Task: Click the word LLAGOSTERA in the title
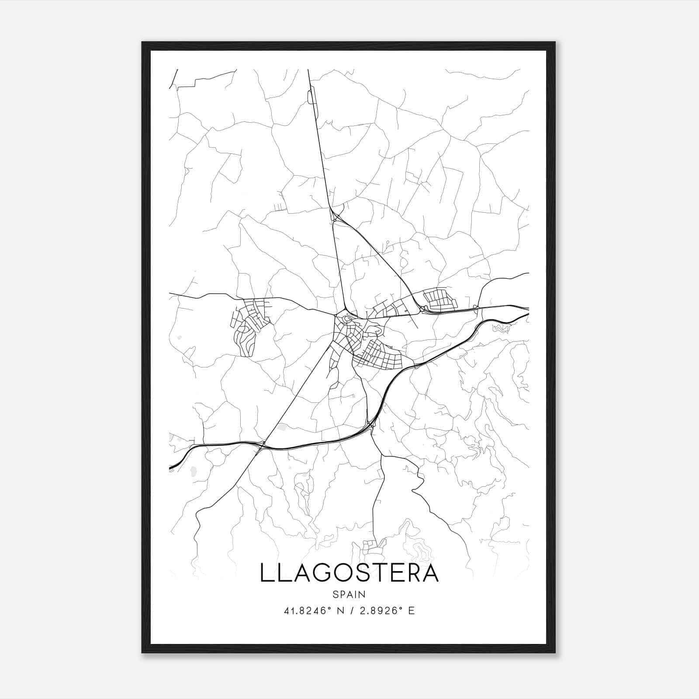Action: [349, 573]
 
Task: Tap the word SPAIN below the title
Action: [349, 595]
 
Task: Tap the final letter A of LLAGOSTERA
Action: [430, 573]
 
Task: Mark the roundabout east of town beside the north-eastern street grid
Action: [422, 309]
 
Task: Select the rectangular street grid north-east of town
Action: [440, 300]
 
